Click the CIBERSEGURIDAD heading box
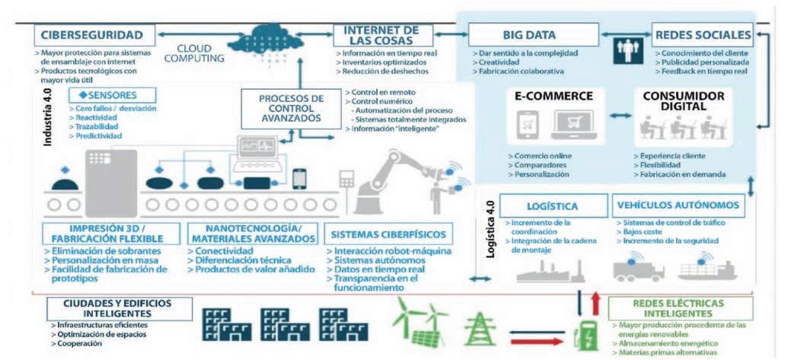click(94, 35)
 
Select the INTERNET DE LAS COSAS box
click(382, 35)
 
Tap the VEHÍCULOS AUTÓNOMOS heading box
click(677, 205)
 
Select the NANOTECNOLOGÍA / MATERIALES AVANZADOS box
click(253, 234)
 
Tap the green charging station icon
click(585, 332)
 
